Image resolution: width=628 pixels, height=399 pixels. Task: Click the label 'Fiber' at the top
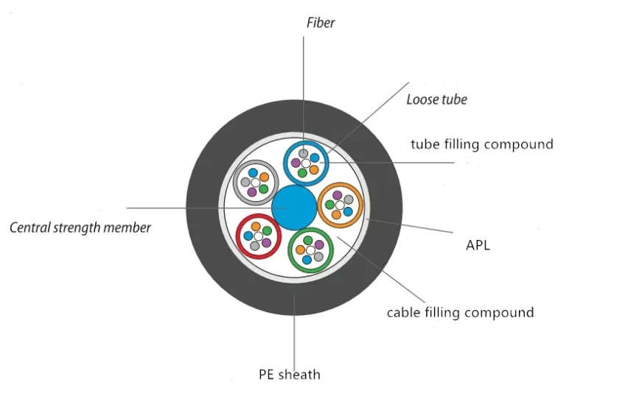tap(321, 23)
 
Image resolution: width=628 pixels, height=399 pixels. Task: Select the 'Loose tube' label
tap(436, 99)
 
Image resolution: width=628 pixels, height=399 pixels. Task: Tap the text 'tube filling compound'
tap(481, 144)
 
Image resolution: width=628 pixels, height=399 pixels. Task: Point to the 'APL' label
tap(478, 245)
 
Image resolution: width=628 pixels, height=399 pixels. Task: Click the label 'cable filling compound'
tap(460, 312)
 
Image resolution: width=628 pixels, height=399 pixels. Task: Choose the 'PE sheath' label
tap(289, 374)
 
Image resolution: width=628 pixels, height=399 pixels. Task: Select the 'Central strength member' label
tap(80, 227)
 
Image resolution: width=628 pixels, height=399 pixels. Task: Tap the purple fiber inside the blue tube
tap(296, 163)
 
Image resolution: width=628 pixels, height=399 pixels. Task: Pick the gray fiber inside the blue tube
tap(302, 153)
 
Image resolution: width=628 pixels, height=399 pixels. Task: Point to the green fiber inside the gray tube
tap(263, 188)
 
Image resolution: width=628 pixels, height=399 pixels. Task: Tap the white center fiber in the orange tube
tap(340, 205)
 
